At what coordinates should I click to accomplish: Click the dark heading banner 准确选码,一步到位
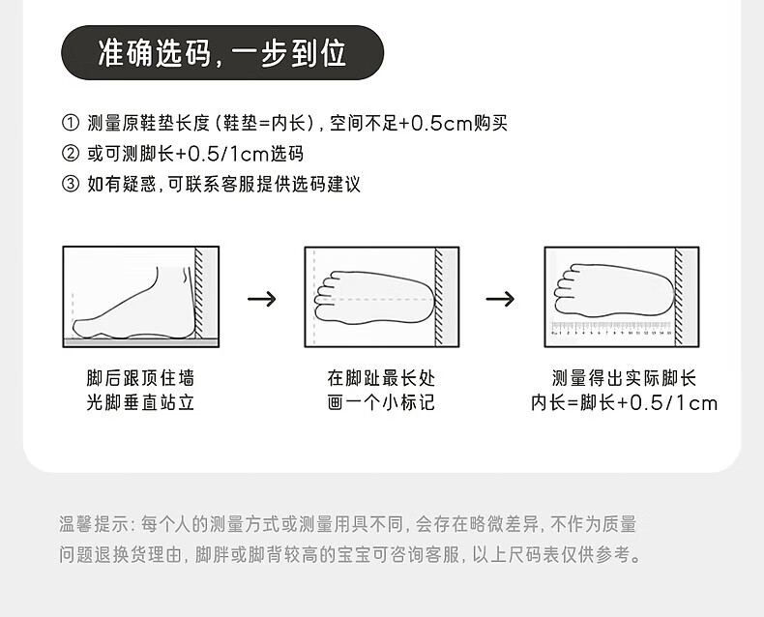(222, 52)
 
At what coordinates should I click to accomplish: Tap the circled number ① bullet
(70, 124)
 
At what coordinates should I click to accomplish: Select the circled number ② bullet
(70, 154)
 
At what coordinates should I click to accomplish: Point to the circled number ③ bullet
(70, 184)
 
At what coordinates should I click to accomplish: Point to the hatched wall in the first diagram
(202, 295)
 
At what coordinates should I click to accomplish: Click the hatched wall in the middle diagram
(441, 295)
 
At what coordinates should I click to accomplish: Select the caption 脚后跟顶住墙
(140, 378)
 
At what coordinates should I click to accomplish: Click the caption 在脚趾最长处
(381, 378)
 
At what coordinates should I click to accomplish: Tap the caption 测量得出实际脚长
(624, 378)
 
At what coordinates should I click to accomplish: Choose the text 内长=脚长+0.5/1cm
(624, 402)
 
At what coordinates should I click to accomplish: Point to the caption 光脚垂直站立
(140, 402)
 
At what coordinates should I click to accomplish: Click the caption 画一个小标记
(381, 402)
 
